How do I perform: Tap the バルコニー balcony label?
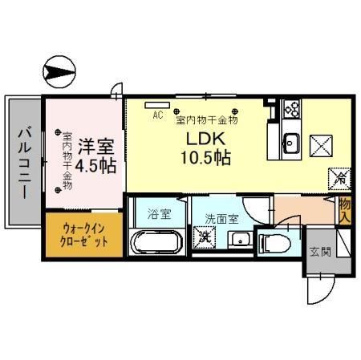click(24, 160)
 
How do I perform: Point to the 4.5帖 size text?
click(98, 166)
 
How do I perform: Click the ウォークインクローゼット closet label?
click(84, 234)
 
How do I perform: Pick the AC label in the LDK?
click(158, 115)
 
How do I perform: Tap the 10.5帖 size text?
click(204, 157)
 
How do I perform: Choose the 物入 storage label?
click(345, 210)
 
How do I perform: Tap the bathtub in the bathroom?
click(156, 241)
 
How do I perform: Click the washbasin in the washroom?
click(238, 239)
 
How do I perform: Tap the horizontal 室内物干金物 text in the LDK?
click(205, 120)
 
